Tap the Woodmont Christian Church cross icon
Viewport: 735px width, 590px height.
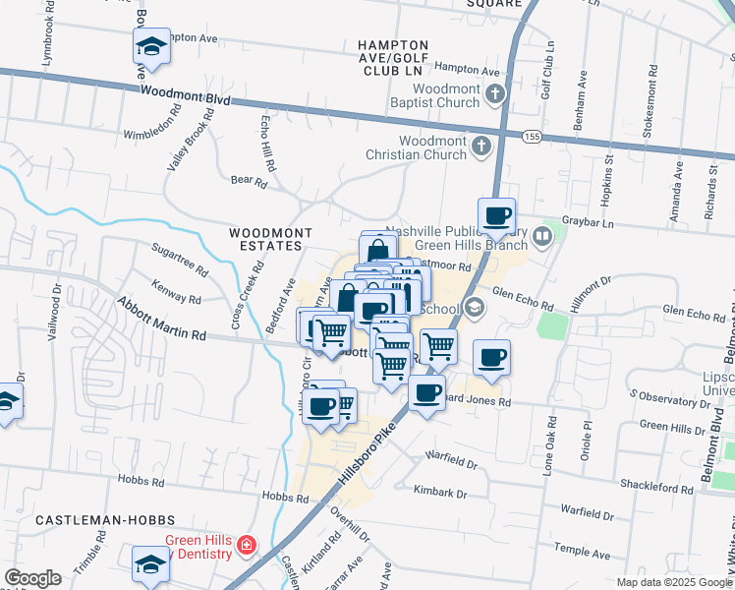pos(481,147)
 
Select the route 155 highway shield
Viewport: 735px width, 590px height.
pos(532,135)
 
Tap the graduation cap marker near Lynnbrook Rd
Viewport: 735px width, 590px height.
pos(151,46)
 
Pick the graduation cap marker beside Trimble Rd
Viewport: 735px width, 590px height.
pos(150,564)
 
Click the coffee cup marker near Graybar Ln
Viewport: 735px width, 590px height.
pos(496,217)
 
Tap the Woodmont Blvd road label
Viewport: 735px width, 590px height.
pos(184,94)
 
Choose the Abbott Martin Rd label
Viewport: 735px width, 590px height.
pos(162,321)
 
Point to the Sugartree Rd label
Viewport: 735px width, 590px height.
pos(180,261)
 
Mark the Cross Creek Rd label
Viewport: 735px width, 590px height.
pos(250,280)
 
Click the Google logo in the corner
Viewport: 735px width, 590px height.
pos(32,577)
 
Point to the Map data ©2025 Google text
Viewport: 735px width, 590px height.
pos(673,582)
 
